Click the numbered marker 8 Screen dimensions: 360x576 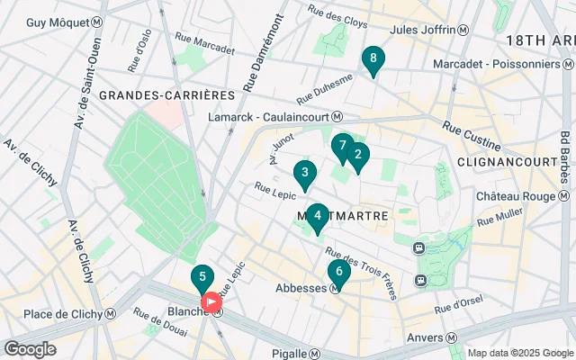(373, 59)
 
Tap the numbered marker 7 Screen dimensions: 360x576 (341, 146)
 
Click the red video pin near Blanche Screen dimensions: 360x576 (211, 303)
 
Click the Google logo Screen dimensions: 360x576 (30, 349)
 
